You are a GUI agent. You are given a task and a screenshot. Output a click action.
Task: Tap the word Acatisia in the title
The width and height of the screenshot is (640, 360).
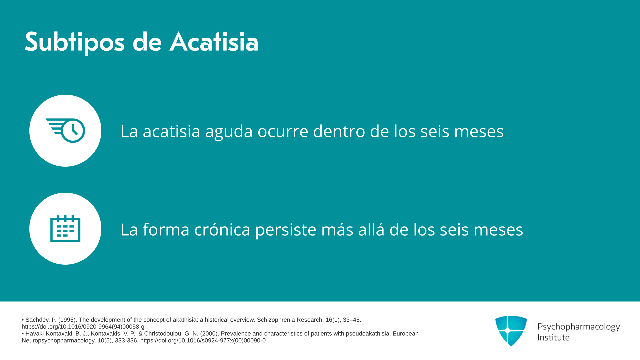point(214,42)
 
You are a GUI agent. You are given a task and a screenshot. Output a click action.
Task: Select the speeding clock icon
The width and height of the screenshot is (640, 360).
point(65,130)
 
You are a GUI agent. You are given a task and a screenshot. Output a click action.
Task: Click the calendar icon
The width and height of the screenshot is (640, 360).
point(65,229)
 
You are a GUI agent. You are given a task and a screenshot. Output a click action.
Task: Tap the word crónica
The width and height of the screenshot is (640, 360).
point(222,230)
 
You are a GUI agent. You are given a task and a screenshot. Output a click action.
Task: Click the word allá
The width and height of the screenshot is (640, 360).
point(371,229)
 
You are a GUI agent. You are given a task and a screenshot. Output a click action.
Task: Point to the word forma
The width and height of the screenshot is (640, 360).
point(166,229)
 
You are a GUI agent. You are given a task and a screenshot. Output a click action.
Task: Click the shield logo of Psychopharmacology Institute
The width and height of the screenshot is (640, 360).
point(511,331)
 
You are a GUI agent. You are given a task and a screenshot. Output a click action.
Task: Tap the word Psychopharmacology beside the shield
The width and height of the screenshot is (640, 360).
point(579,327)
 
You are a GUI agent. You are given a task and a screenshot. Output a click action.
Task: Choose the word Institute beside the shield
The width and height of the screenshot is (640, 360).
point(553,337)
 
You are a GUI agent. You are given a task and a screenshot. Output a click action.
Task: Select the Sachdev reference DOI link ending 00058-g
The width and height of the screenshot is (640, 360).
point(83,327)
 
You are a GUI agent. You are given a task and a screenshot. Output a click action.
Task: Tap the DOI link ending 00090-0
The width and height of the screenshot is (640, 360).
point(203,341)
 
